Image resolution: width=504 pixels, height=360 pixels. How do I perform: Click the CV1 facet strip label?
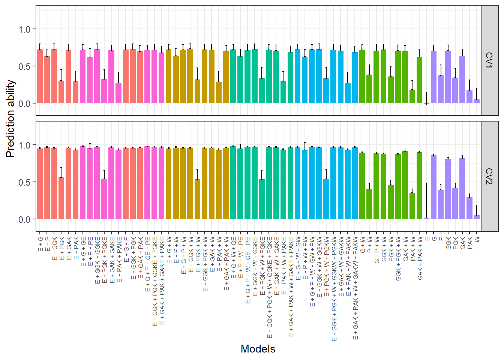pyautogui.click(x=489, y=60)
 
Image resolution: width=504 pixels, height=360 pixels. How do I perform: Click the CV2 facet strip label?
pyautogui.click(x=489, y=176)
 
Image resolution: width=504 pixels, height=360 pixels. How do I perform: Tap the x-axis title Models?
pyautogui.click(x=258, y=349)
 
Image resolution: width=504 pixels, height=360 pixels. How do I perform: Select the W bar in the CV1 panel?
pyautogui.click(x=477, y=101)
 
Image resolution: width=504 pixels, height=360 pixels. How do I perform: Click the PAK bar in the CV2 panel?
pyautogui.click(x=469, y=208)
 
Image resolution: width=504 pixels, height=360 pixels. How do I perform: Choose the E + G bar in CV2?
pyautogui.click(x=40, y=184)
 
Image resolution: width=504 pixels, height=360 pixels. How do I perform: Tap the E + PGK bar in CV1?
pyautogui.click(x=61, y=92)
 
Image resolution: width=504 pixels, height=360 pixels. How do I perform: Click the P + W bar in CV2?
pyautogui.click(x=369, y=204)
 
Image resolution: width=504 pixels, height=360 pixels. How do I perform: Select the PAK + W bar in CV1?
pyautogui.click(x=412, y=96)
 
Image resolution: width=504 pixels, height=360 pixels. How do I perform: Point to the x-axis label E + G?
pyautogui.click(x=40, y=244)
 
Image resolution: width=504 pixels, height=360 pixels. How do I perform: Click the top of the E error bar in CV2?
pyautogui.click(x=427, y=183)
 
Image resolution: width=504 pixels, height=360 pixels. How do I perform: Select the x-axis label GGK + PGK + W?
pyautogui.click(x=398, y=258)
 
